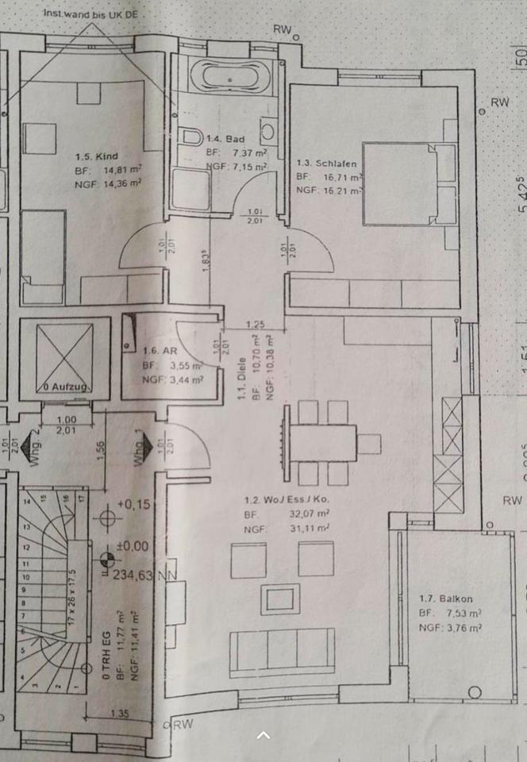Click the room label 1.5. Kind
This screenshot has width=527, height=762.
coord(96,156)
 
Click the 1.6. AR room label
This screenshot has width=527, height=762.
coord(160,350)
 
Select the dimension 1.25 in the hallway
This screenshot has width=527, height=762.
coord(255,324)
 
